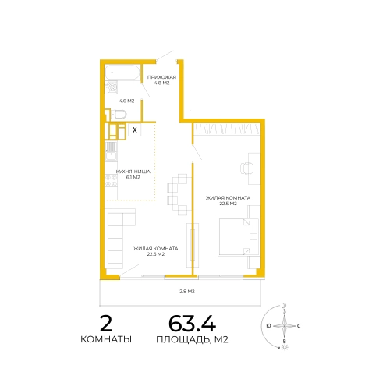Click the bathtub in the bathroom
point(122,72)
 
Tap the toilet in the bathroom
point(119,115)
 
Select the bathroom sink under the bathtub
point(112,87)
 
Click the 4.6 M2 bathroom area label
point(126,101)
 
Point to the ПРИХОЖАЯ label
point(161,77)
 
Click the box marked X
point(135,129)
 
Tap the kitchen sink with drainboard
point(111,151)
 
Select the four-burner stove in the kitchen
point(111,181)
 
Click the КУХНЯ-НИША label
point(133,172)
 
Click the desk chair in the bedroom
point(246,168)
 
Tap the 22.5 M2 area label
point(228,204)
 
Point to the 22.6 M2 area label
point(156,254)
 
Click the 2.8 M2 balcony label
point(187,292)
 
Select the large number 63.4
point(192,324)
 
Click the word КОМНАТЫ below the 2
point(106,339)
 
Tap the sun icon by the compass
point(285,347)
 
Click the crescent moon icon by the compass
point(285,305)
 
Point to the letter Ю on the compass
point(269,326)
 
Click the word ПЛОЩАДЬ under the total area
point(183,339)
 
